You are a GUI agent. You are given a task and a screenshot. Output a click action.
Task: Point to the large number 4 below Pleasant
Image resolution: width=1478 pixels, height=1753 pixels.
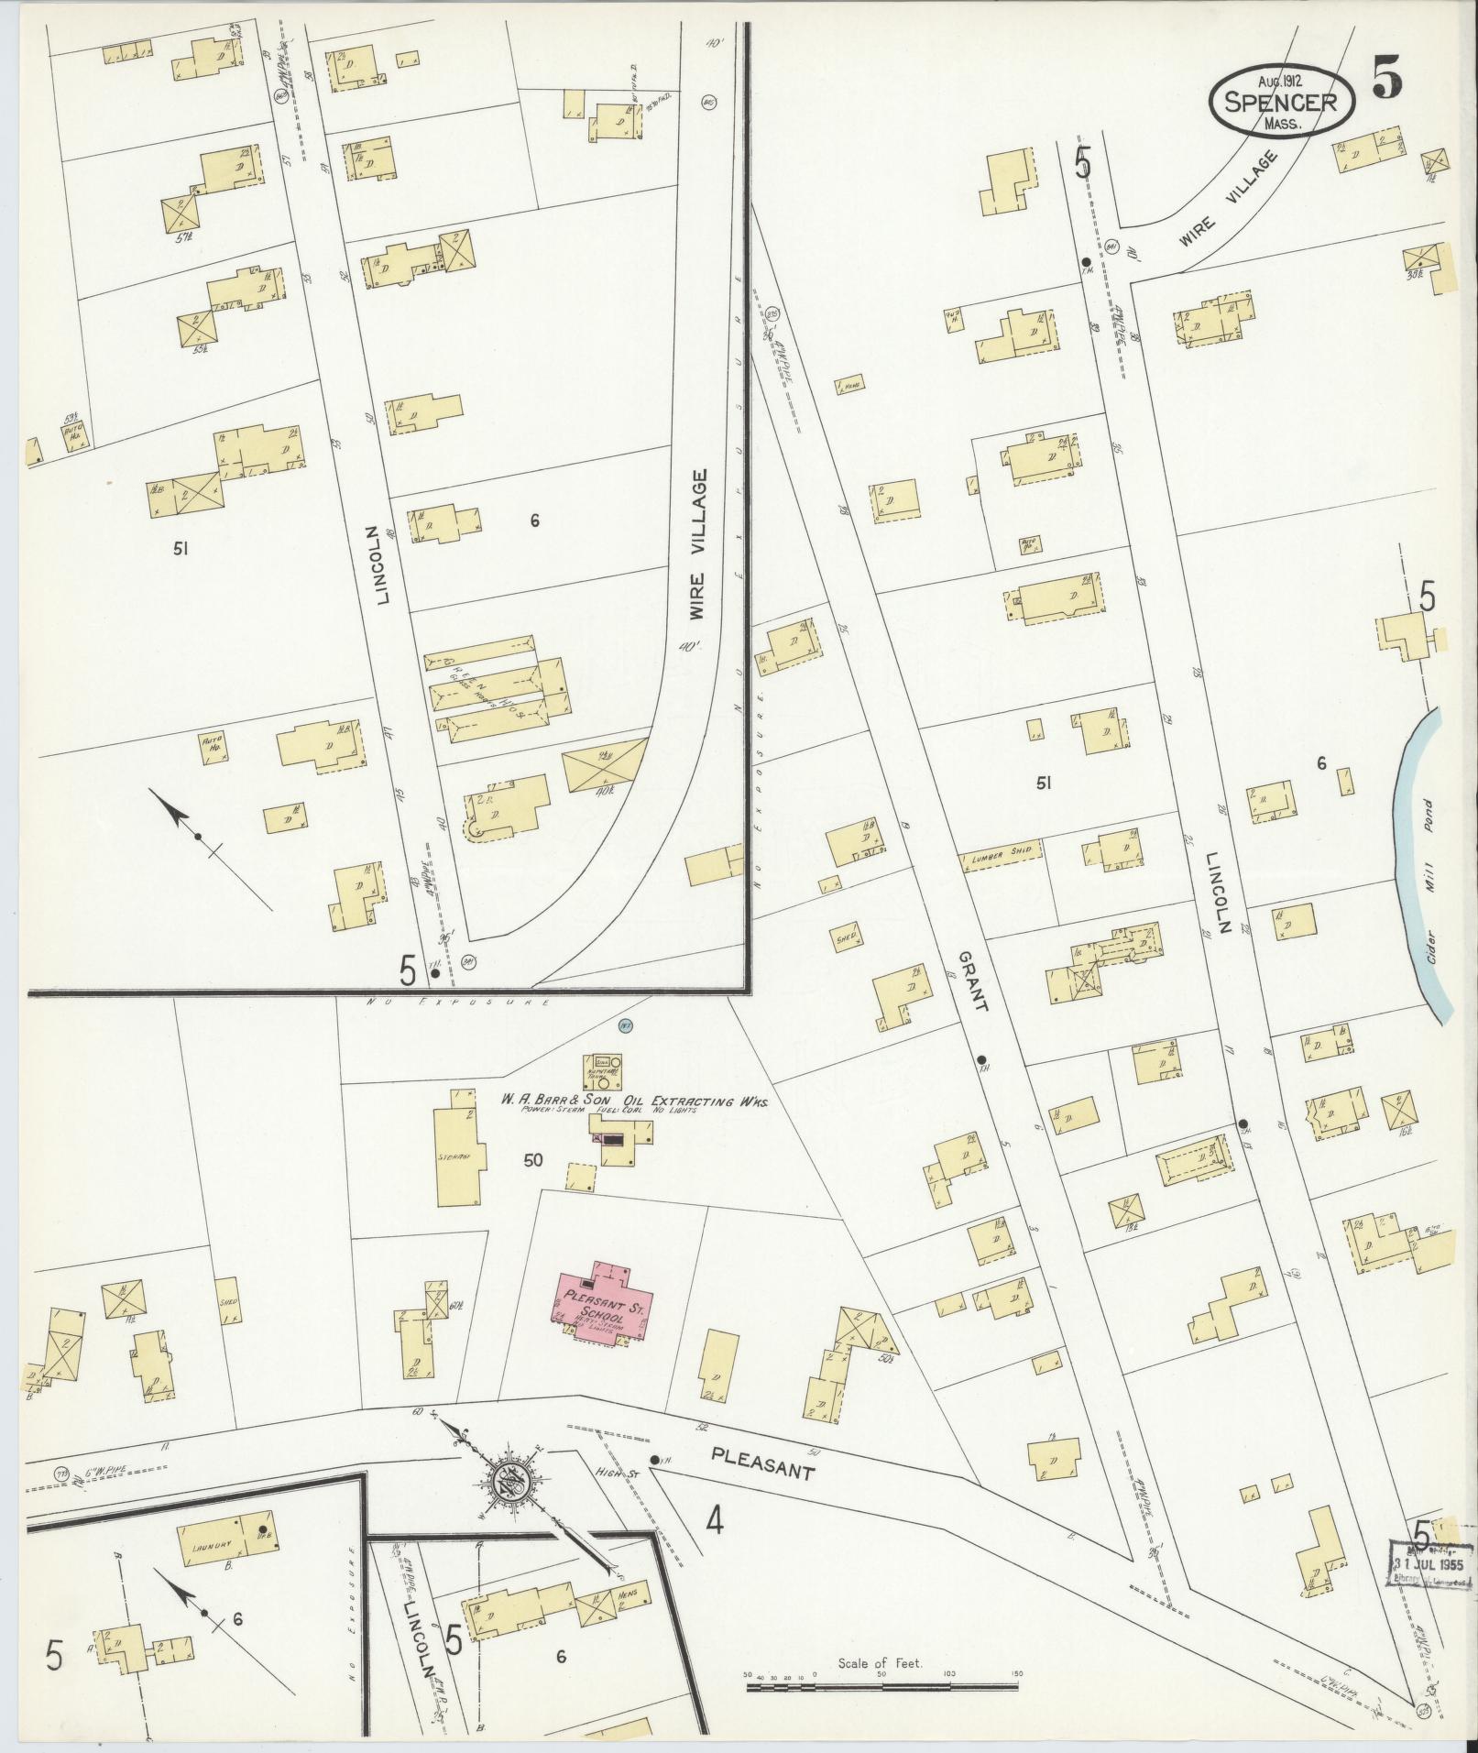pos(715,1522)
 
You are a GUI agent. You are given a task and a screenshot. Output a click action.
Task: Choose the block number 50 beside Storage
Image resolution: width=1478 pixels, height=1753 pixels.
pos(532,1160)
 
